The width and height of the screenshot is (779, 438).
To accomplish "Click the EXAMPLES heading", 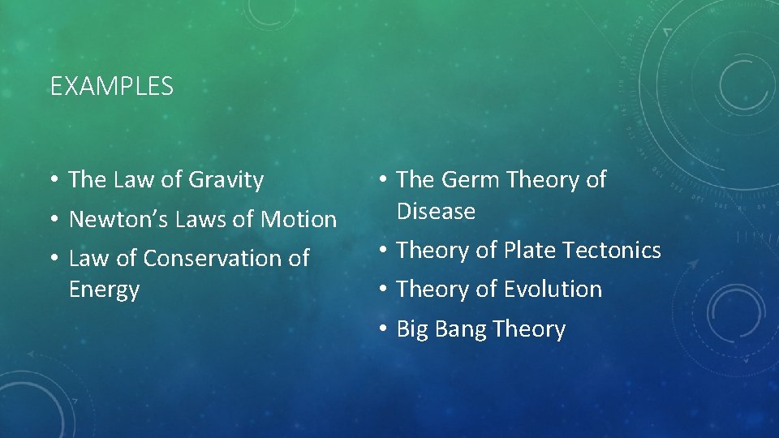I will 112,86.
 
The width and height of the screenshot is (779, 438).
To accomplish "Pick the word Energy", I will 104,290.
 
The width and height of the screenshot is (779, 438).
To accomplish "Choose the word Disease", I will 436,211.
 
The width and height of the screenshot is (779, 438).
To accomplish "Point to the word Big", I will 411,329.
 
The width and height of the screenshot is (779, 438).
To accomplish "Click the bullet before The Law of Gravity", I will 53,180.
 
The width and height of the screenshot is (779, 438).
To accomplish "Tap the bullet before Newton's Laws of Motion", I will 53,219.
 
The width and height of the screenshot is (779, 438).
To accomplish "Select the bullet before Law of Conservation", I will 53,259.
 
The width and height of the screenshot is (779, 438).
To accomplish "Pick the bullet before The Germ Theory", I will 381,180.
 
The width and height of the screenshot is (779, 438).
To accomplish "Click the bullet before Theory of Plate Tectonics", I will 381,251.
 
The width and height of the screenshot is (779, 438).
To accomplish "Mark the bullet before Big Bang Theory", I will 381,329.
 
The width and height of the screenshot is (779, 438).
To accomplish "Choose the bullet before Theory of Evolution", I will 381,290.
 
